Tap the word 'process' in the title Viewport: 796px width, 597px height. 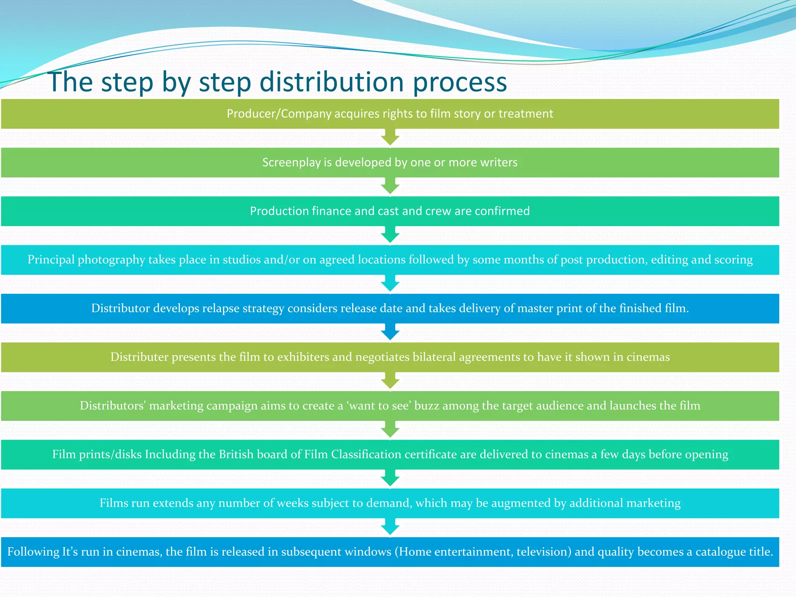(x=460, y=82)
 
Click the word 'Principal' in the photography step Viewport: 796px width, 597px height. (x=51, y=260)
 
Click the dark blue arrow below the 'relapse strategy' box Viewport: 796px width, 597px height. (x=390, y=333)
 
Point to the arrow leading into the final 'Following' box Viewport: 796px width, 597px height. (x=390, y=527)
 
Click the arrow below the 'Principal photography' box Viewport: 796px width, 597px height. (x=390, y=284)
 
